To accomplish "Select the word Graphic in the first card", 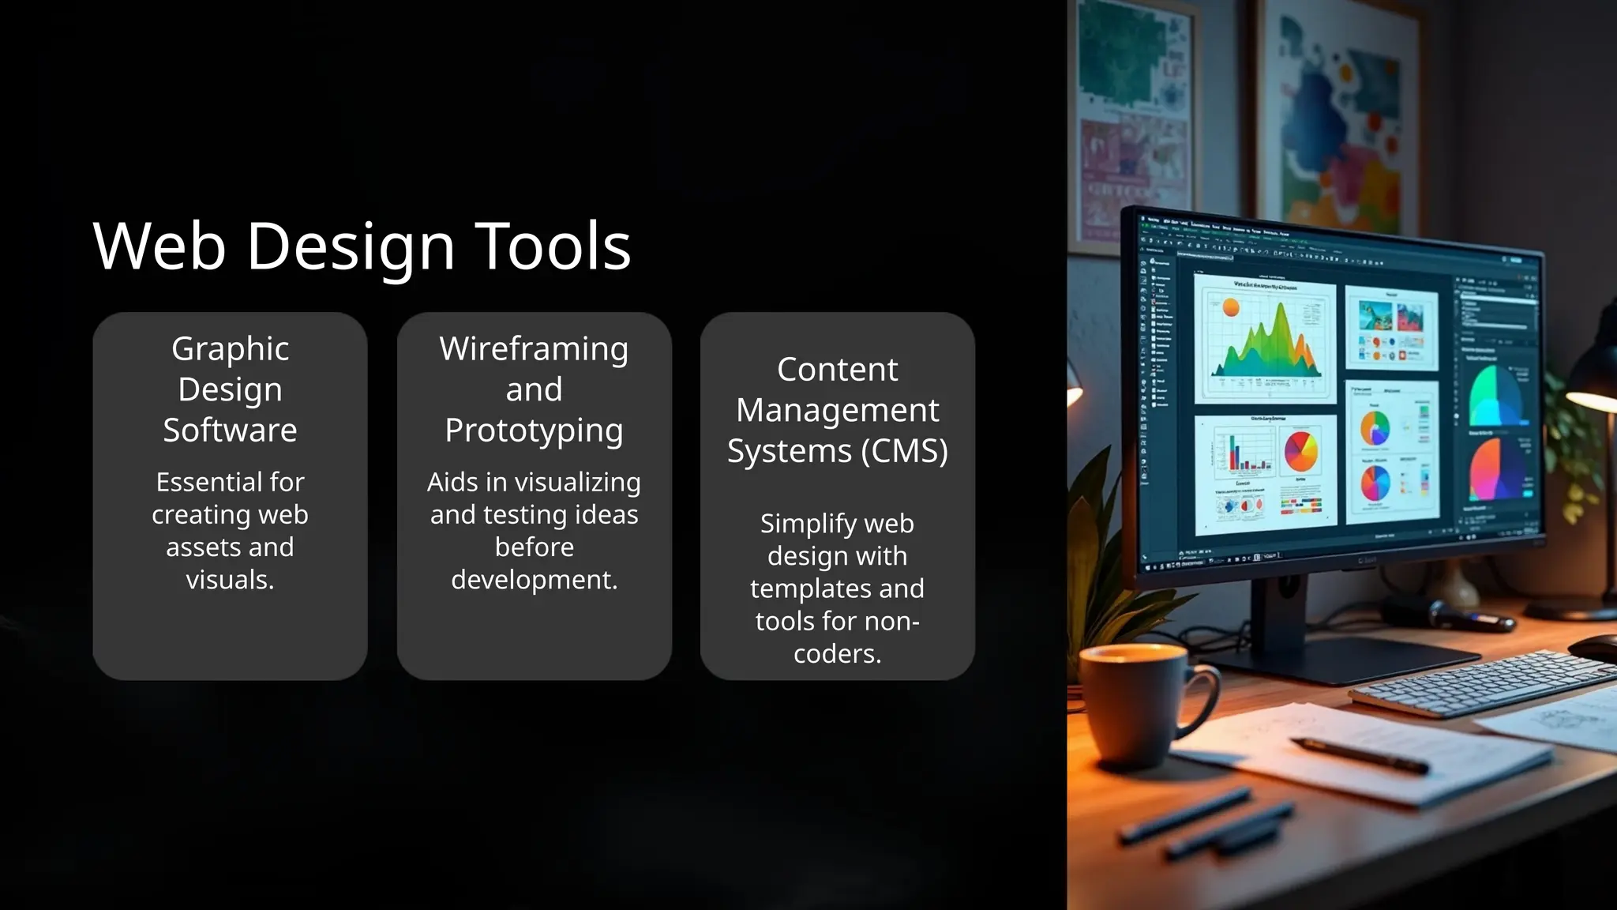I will tap(230, 349).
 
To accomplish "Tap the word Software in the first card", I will tap(230, 431).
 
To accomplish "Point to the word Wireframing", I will tap(534, 349).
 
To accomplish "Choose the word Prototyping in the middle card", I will tap(534, 431).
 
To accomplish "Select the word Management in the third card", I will tap(837, 410).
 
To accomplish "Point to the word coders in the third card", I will tap(835, 654).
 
